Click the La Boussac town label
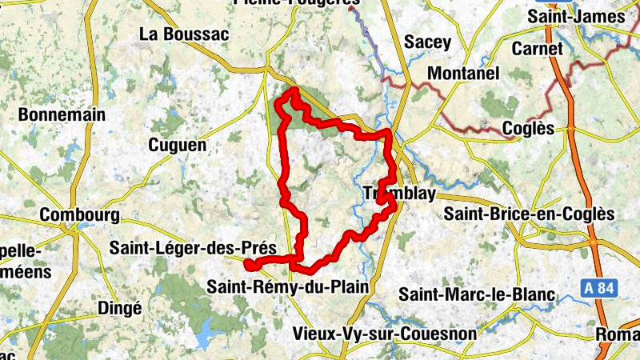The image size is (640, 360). [x=184, y=34]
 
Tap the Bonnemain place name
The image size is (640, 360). [x=62, y=114]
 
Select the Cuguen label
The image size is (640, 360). [x=177, y=145]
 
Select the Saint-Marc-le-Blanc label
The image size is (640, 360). [x=477, y=295]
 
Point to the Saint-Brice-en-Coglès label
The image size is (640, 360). [x=529, y=214]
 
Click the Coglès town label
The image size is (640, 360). [x=528, y=128]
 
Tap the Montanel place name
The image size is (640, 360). [x=464, y=73]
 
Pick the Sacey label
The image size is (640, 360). [x=428, y=42]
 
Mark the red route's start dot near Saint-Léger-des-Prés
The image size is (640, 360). [x=249, y=265]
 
